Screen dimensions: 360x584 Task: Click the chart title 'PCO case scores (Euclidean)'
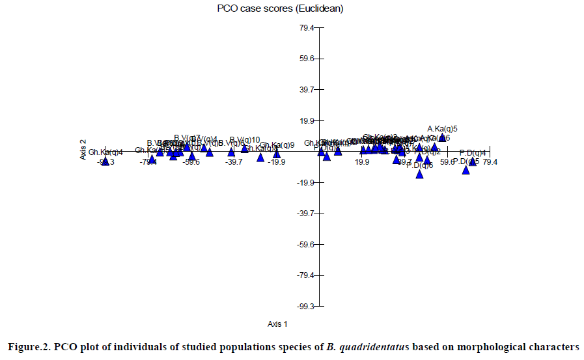pyautogui.click(x=280, y=8)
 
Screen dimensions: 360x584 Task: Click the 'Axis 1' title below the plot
pyautogui.click(x=277, y=324)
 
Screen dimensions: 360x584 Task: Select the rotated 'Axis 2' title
pyautogui.click(x=83, y=149)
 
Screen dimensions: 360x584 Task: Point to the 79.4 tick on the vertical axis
pyautogui.click(x=307, y=28)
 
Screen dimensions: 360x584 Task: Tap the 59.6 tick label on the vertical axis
pyautogui.click(x=307, y=59)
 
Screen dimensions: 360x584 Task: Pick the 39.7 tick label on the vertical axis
pyautogui.click(x=307, y=90)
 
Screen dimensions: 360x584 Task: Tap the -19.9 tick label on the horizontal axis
pyautogui.click(x=277, y=162)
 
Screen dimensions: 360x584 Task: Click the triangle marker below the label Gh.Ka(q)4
pyautogui.click(x=105, y=161)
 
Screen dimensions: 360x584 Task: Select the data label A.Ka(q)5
pyautogui.click(x=443, y=129)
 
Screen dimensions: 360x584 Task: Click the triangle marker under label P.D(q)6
pyautogui.click(x=420, y=174)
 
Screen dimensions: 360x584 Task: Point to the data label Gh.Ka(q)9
pyautogui.click(x=277, y=145)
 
